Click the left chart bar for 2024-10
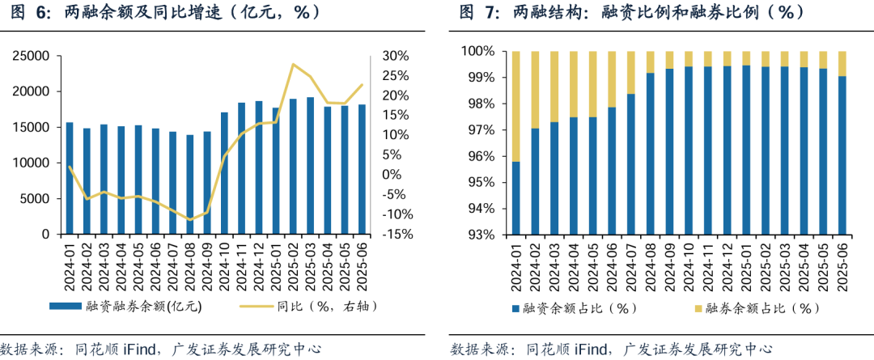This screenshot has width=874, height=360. click(x=224, y=173)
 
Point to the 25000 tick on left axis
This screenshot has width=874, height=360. click(x=30, y=57)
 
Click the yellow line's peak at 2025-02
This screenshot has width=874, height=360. click(x=293, y=64)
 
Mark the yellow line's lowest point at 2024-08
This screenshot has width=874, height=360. click(x=190, y=219)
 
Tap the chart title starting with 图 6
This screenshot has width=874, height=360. click(x=162, y=12)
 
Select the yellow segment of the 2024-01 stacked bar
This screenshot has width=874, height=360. click(x=515, y=106)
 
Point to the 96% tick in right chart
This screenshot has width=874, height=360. click(x=482, y=156)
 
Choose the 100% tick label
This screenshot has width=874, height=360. click(x=480, y=52)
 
